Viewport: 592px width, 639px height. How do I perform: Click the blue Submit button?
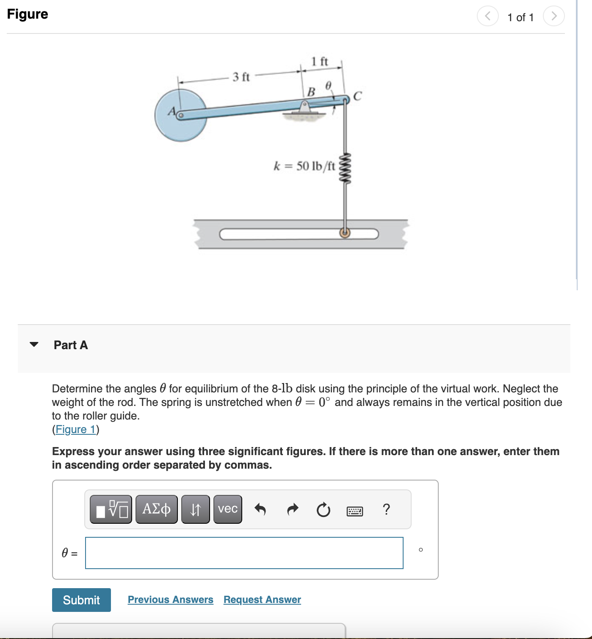coord(81,600)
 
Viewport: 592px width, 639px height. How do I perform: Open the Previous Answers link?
coord(170,600)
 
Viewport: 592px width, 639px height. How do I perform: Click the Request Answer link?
coord(262,600)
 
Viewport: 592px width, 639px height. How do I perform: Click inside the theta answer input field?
coord(244,553)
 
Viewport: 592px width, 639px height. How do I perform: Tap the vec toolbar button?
coord(228,509)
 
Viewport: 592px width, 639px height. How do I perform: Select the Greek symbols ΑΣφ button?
coord(156,509)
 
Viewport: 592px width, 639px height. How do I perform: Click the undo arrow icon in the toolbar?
coord(260,509)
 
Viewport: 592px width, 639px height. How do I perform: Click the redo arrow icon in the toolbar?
coord(293,509)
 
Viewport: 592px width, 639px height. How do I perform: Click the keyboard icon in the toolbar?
coord(354,511)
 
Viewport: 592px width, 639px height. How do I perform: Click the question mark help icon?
coord(386,509)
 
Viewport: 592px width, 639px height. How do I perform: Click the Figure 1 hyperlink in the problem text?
coord(75,429)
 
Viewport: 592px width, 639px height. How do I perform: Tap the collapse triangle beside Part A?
coord(34,345)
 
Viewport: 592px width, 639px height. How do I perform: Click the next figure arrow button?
coord(553,17)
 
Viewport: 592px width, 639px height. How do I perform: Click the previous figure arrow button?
coord(488,17)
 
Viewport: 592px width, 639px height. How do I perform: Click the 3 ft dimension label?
coord(241,77)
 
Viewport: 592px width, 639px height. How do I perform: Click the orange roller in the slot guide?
coord(345,233)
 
